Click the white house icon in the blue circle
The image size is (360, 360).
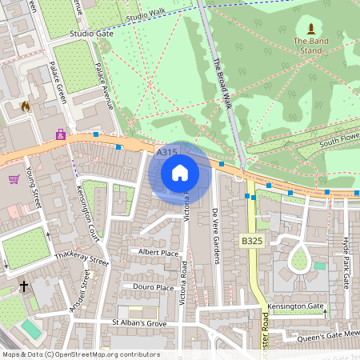click(x=180, y=173)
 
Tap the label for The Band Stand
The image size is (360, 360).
click(x=310, y=46)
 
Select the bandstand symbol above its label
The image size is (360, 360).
click(x=310, y=29)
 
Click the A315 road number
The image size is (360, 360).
click(x=166, y=152)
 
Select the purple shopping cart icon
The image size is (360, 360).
click(x=14, y=178)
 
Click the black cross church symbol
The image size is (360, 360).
click(x=24, y=285)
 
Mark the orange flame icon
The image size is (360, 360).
click(x=26, y=106)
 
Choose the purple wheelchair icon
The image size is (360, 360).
click(x=61, y=134)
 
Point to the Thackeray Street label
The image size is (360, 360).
click(x=80, y=260)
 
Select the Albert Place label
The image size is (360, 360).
click(x=158, y=253)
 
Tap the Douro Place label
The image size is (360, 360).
click(x=154, y=287)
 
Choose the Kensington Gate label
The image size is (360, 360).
click(x=295, y=307)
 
